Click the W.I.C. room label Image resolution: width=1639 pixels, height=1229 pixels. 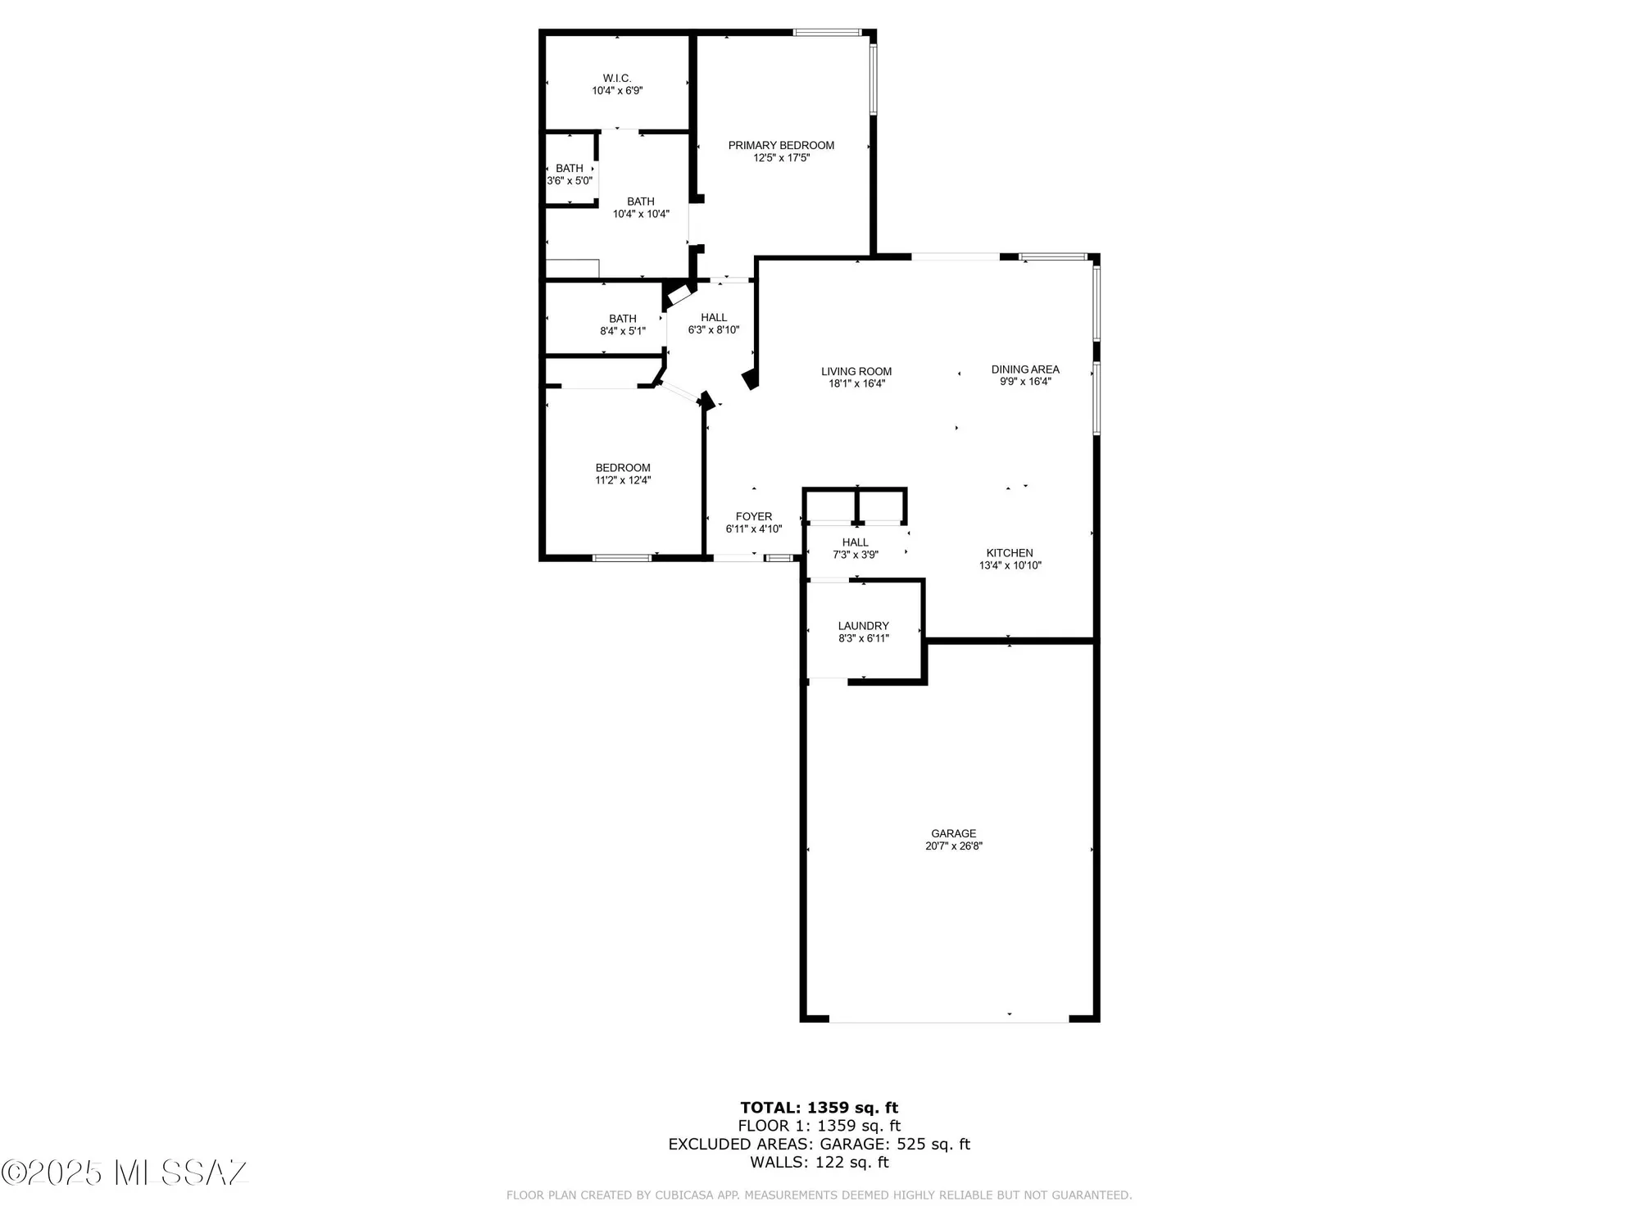(617, 79)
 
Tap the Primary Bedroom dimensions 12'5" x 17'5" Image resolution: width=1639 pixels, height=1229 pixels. (781, 158)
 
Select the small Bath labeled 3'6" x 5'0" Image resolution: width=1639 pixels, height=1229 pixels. (570, 175)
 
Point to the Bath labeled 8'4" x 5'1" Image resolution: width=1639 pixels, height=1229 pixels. (623, 324)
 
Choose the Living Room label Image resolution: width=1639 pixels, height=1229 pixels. (856, 372)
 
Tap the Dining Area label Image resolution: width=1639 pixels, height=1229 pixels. (1025, 370)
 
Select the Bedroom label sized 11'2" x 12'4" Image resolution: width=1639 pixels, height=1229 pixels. (623, 469)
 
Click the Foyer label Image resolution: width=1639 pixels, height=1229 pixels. (753, 517)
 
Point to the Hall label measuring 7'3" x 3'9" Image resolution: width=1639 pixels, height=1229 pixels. (856, 542)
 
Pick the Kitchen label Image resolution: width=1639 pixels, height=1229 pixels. (1010, 553)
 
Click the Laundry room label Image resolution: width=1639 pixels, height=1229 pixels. (863, 626)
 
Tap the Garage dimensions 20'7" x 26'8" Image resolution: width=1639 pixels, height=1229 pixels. (953, 846)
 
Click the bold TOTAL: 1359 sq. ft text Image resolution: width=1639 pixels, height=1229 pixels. (819, 1108)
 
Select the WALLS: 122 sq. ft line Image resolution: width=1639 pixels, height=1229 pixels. (819, 1162)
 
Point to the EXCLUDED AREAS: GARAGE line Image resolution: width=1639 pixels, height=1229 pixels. (819, 1144)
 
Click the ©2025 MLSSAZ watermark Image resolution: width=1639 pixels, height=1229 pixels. (125, 1172)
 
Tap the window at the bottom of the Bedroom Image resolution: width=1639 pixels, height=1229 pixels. (622, 558)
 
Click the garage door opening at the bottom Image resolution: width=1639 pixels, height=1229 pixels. (949, 1020)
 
